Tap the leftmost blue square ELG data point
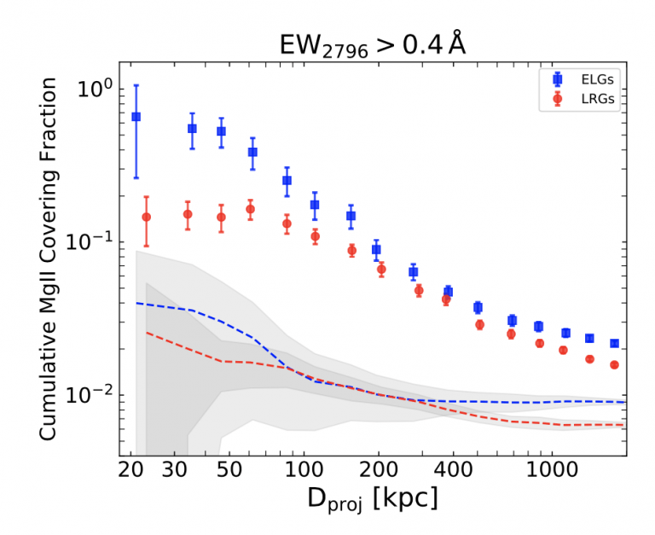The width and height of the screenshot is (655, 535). pyautogui.click(x=136, y=116)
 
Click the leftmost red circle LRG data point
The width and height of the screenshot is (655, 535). pyautogui.click(x=146, y=217)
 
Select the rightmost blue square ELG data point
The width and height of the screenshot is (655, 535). pyautogui.click(x=614, y=343)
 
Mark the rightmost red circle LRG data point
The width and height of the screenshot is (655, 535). pyautogui.click(x=614, y=364)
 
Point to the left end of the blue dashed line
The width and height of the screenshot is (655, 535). pyautogui.click(x=136, y=303)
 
